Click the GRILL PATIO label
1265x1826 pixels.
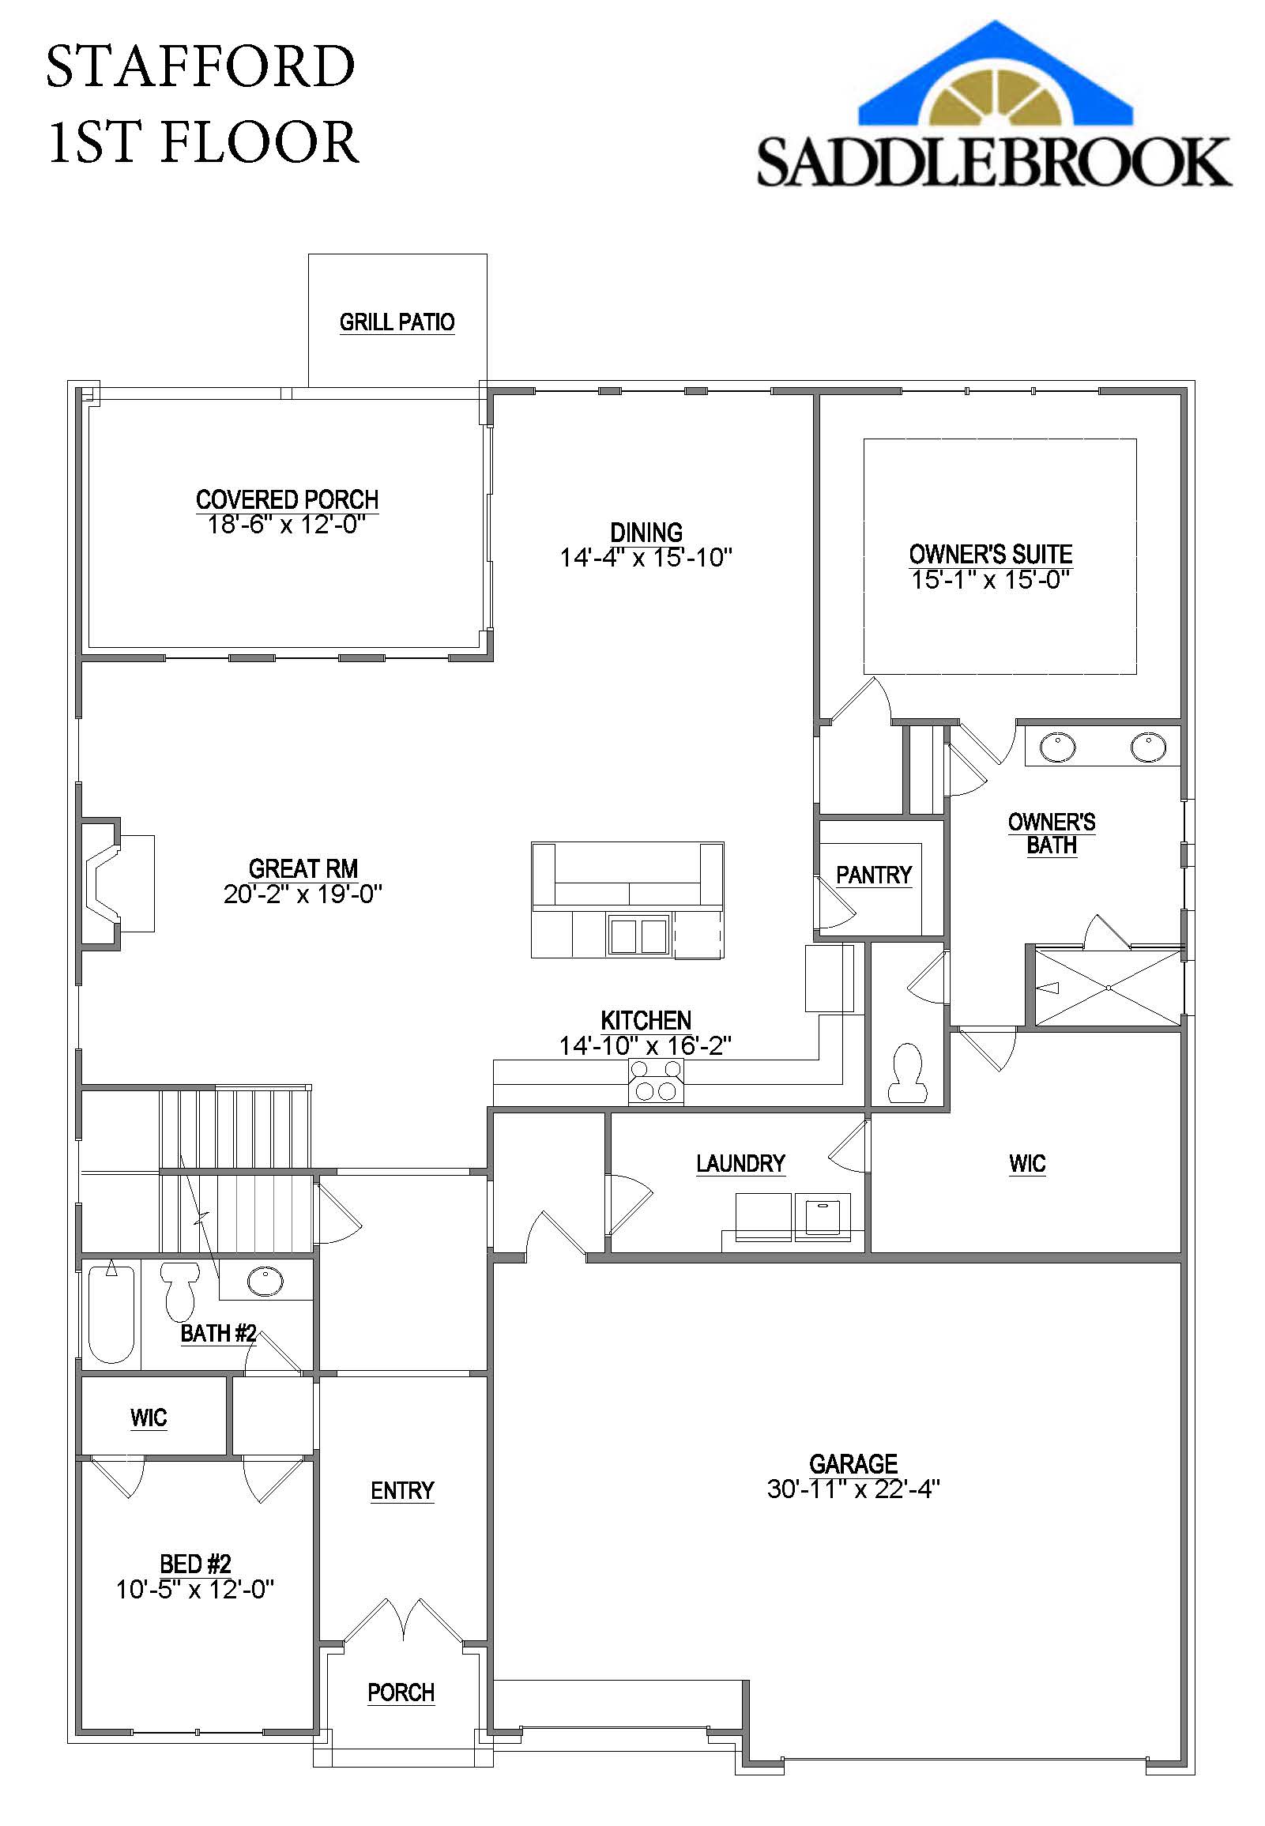coord(397,322)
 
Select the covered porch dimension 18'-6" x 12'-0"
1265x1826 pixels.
coord(286,525)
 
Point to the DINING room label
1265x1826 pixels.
coord(646,532)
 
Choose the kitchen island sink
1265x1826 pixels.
coord(638,935)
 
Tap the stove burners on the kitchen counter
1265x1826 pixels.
coord(656,1081)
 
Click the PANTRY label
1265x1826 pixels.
coord(873,875)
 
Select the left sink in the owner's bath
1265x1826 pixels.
coord(1057,747)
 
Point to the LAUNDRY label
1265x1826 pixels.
coord(740,1163)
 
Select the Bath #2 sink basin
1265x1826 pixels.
coord(265,1281)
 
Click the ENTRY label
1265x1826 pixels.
coord(402,1491)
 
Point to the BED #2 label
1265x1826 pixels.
coord(195,1564)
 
